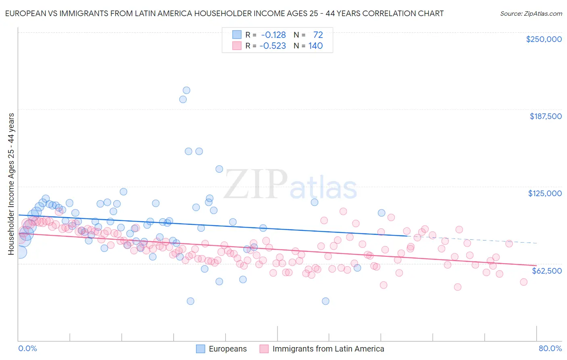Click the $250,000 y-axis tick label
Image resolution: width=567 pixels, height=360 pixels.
tap(544, 39)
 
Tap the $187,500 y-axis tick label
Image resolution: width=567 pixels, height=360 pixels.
tap(545, 116)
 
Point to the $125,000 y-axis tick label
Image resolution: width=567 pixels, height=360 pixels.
tap(545, 193)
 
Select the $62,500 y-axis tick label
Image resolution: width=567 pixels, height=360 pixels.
tap(546, 271)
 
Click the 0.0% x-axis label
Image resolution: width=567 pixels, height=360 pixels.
tap(27, 349)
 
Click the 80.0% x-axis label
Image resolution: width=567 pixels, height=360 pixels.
tap(550, 349)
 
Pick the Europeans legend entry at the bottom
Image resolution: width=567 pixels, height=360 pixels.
tap(227, 349)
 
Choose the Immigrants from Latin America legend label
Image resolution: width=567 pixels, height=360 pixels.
tap(328, 349)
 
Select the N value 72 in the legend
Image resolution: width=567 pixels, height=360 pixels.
tap(318, 35)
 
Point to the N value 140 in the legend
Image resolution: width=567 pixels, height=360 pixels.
tap(315, 46)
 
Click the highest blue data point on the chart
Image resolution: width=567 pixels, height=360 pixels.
tap(186, 90)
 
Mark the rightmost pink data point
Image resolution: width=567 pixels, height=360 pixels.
tap(523, 282)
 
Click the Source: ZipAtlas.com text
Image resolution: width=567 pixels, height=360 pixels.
tap(531, 13)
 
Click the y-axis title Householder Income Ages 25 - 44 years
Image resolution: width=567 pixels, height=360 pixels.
tap(11, 184)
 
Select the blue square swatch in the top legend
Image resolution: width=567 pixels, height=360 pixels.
tap(237, 35)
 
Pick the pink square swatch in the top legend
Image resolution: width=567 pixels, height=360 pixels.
tap(237, 46)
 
